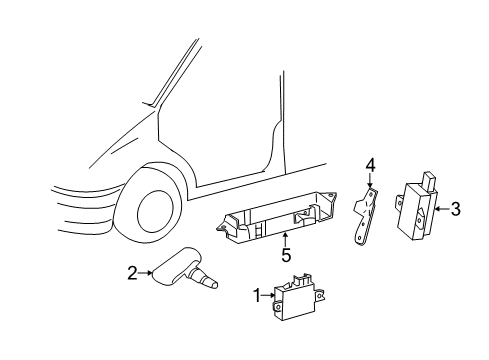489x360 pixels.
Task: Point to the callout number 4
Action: [x=369, y=164]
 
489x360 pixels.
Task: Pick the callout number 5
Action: [x=285, y=255]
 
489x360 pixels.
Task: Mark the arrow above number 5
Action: [x=285, y=240]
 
